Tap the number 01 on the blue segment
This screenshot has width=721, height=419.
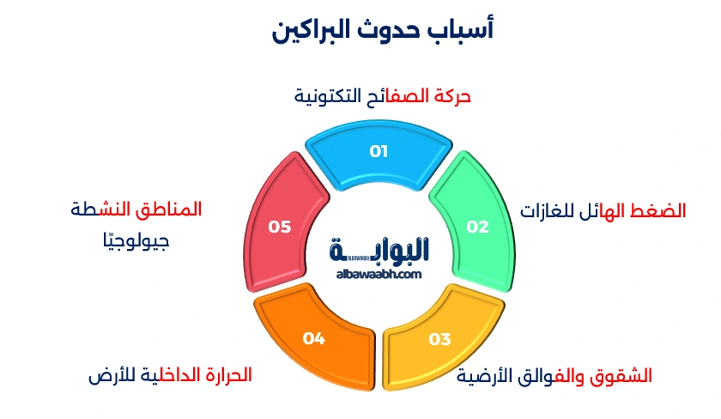[x=379, y=151]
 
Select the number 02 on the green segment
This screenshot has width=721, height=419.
[x=477, y=227]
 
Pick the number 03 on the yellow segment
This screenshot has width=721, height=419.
[x=439, y=338]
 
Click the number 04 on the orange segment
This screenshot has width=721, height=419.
[x=313, y=338]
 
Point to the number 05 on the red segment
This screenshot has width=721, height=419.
[x=280, y=227]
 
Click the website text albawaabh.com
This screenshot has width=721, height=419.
[x=379, y=274]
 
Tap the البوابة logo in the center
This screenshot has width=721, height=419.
[x=379, y=250]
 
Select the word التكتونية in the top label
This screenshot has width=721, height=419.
[x=327, y=96]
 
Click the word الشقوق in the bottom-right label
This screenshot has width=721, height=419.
[x=624, y=375]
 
